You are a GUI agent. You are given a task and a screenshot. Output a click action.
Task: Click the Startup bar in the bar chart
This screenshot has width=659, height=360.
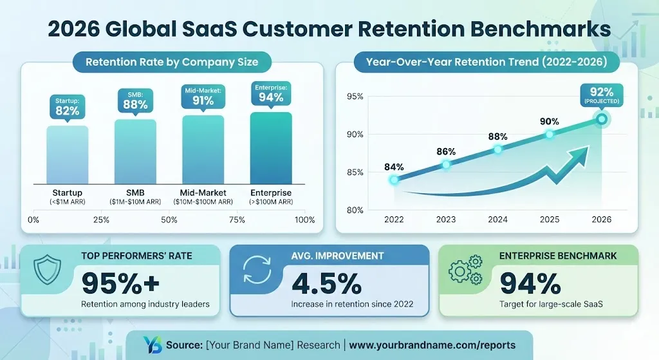tap(67, 155)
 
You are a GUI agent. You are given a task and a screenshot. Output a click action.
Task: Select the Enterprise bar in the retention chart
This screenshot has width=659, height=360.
tap(271, 148)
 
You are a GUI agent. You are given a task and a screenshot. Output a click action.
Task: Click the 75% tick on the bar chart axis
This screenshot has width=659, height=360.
tap(237, 220)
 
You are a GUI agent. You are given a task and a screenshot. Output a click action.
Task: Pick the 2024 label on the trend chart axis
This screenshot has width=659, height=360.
tap(497, 220)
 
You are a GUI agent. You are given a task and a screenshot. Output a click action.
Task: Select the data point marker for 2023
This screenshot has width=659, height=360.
tap(446, 165)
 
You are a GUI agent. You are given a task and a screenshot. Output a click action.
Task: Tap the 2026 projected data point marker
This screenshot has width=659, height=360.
tap(601, 119)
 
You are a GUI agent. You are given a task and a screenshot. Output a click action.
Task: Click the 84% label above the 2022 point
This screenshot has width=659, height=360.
tap(394, 167)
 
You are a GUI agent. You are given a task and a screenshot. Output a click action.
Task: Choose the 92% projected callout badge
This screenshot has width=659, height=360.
tap(601, 95)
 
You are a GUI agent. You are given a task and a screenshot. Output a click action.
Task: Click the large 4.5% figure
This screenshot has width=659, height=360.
tap(326, 283)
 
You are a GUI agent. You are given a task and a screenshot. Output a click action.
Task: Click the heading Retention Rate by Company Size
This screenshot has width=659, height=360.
tap(172, 62)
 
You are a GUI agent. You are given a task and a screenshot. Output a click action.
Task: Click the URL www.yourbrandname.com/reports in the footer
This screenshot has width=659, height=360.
tap(432, 345)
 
